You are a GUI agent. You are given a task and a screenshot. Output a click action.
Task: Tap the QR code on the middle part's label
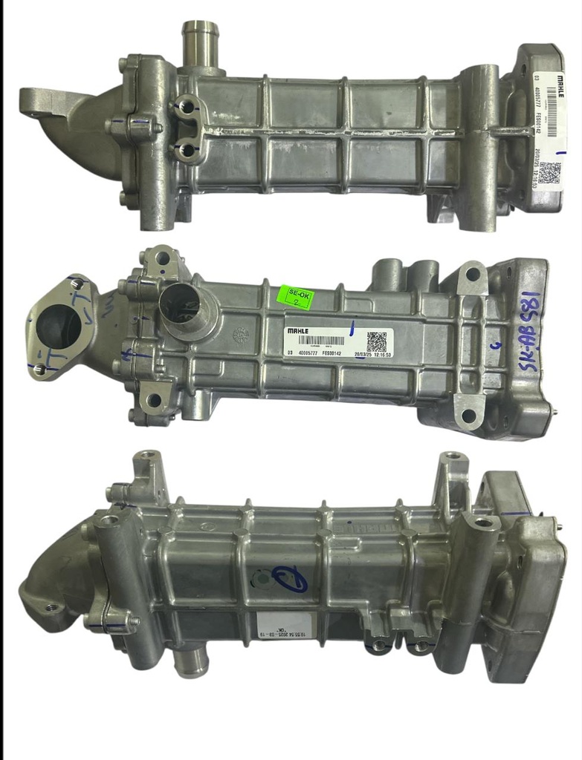(x=376, y=341)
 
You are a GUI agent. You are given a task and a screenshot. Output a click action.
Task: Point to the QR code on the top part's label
(x=549, y=172)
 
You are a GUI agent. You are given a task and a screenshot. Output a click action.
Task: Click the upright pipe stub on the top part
(x=200, y=45)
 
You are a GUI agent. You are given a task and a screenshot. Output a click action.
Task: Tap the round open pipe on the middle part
(x=182, y=306)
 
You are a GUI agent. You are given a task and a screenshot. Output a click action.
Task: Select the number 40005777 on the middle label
(x=311, y=354)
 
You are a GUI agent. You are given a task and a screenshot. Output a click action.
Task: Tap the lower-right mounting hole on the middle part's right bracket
(x=468, y=415)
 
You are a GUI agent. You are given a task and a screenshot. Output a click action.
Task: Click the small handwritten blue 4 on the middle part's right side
(x=499, y=344)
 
